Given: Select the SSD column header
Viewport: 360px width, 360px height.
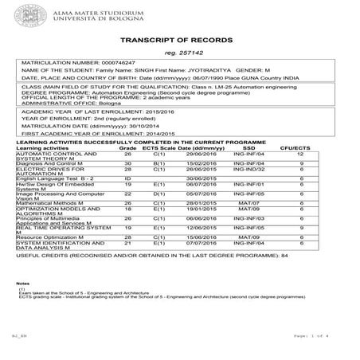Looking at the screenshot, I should (249, 148).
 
